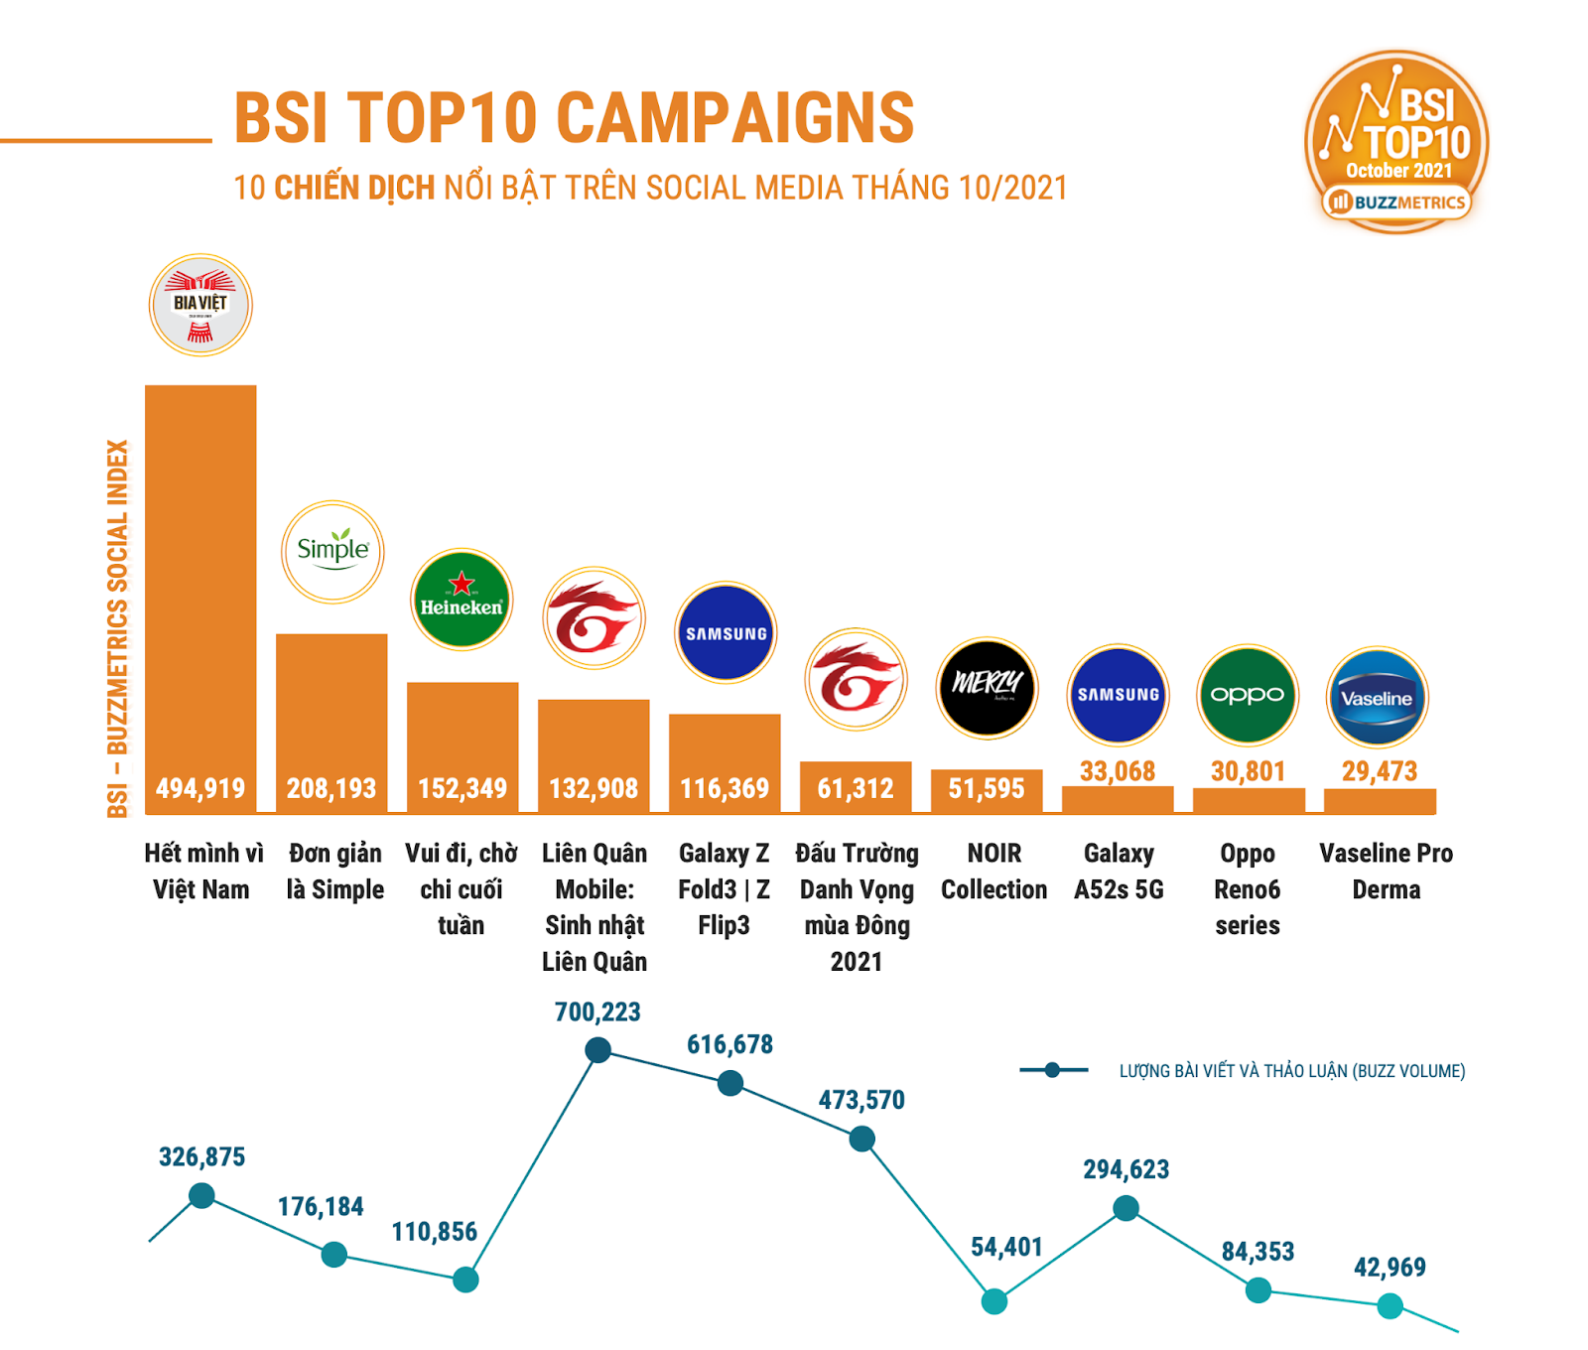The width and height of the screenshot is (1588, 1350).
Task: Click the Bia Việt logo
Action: click(x=200, y=305)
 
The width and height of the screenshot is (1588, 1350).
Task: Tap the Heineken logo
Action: click(x=462, y=599)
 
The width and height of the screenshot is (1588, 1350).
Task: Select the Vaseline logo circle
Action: click(x=1377, y=697)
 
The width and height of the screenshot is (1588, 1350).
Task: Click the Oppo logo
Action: click(x=1248, y=695)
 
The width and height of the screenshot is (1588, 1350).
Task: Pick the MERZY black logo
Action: click(x=987, y=687)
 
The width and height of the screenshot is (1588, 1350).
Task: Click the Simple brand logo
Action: click(x=332, y=551)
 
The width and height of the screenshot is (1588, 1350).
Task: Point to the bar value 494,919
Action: click(x=200, y=788)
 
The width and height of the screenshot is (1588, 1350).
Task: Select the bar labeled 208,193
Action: click(x=331, y=725)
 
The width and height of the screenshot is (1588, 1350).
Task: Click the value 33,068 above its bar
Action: click(x=1118, y=771)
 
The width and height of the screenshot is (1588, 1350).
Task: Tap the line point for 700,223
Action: click(x=597, y=1049)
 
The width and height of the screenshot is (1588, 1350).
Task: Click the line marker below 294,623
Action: click(x=1125, y=1208)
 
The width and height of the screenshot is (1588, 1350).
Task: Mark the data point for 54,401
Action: click(x=993, y=1301)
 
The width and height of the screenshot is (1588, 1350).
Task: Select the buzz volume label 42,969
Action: click(x=1389, y=1267)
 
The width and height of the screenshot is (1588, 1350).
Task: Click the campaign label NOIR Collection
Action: click(x=993, y=872)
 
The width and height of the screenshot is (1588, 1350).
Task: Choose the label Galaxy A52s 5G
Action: click(x=1119, y=872)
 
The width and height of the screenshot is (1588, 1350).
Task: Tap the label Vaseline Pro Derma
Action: click(x=1386, y=872)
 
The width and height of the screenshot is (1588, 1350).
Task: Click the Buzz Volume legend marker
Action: click(x=1052, y=1069)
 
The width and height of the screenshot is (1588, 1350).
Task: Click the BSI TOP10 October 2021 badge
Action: click(x=1396, y=142)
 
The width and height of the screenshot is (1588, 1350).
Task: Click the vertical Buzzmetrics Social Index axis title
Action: click(x=118, y=628)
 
